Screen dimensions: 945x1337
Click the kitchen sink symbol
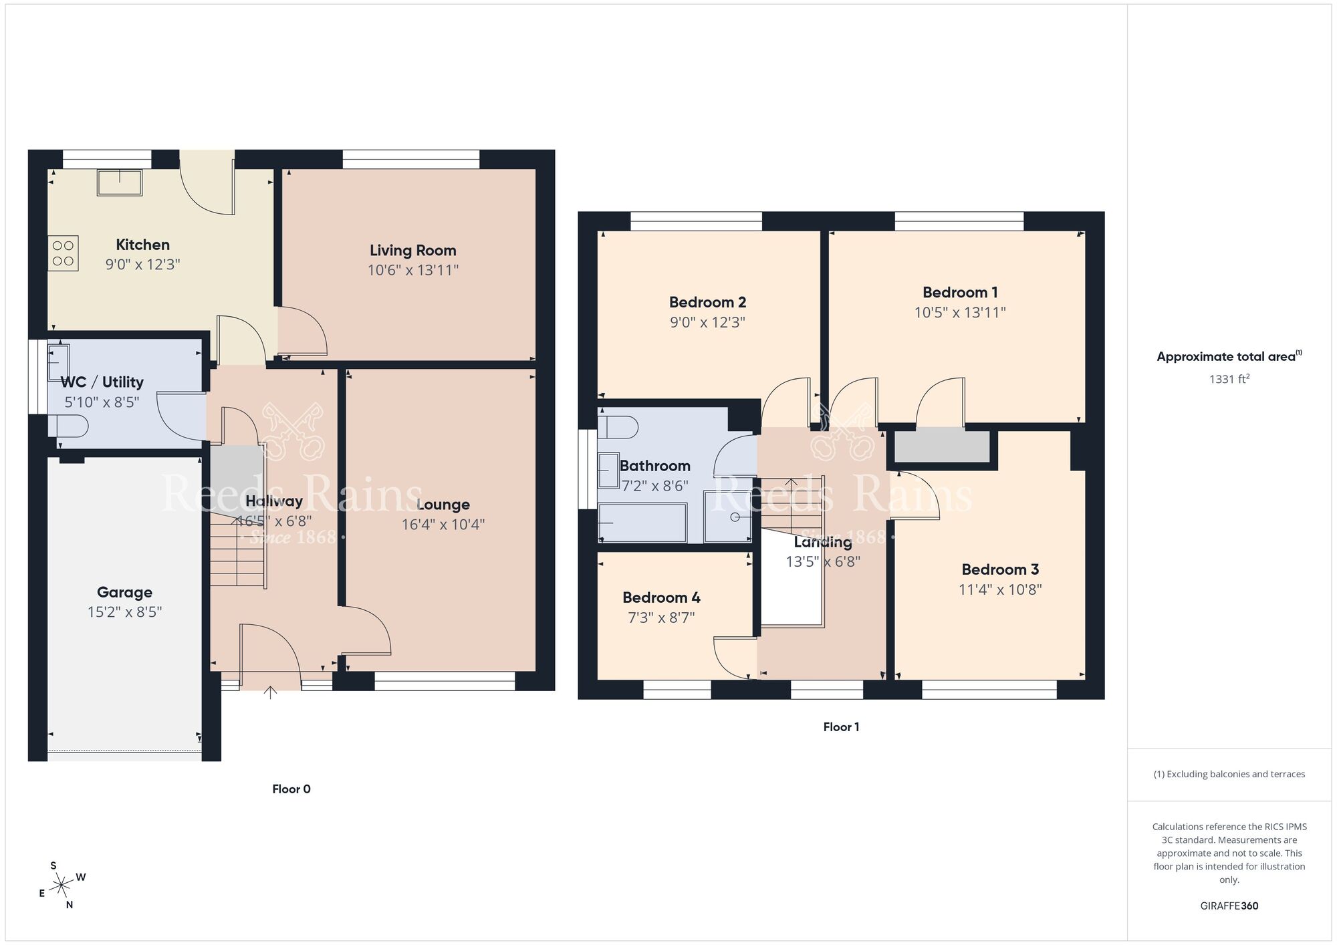(x=120, y=182)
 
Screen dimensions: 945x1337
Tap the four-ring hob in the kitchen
(x=63, y=253)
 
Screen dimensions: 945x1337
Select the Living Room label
(x=412, y=251)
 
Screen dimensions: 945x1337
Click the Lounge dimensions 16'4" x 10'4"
(x=443, y=525)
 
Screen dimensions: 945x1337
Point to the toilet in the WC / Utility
(x=70, y=426)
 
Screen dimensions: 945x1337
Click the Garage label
(x=124, y=592)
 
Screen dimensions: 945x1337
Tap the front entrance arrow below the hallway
(x=270, y=692)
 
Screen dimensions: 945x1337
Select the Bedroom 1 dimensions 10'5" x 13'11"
(x=960, y=312)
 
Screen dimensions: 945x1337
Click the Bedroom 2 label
(x=707, y=302)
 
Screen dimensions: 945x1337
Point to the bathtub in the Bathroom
(x=642, y=523)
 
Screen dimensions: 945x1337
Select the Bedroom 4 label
(x=661, y=597)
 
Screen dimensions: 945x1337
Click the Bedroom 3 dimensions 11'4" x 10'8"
(x=1000, y=589)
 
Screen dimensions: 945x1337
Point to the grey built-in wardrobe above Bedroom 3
(x=941, y=446)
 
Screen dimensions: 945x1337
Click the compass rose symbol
(x=62, y=886)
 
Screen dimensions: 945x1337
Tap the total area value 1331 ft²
(x=1229, y=379)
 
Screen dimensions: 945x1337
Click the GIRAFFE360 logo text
(x=1229, y=906)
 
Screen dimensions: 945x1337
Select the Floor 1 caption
(x=841, y=727)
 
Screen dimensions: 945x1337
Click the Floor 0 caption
(x=291, y=789)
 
